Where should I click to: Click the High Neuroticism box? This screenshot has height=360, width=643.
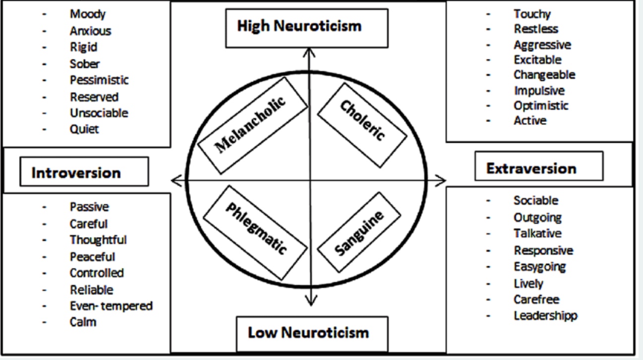point(299,26)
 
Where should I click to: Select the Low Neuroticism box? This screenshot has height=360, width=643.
point(308,332)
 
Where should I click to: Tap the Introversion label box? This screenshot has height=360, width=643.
point(76,173)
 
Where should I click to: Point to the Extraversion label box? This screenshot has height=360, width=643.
point(531,169)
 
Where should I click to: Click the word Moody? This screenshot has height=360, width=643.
point(87,14)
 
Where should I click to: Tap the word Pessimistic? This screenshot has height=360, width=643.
point(99,80)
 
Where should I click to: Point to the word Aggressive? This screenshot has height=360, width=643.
point(542,45)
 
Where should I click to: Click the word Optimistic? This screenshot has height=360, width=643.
point(541,106)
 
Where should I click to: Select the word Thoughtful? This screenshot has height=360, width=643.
point(98,240)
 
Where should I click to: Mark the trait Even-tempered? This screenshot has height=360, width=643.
point(111,306)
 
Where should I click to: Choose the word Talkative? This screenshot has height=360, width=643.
point(538,233)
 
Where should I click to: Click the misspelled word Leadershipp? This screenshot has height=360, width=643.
point(545,315)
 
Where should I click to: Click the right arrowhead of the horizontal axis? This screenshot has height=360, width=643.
point(442,180)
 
